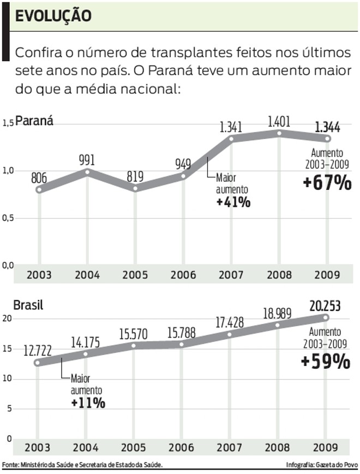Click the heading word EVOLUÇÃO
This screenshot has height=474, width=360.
point(53,16)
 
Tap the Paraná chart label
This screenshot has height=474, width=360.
point(34,121)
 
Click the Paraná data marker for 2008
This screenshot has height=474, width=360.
point(279,133)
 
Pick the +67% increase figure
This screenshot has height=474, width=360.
point(327,184)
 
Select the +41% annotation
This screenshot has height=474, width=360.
point(233,202)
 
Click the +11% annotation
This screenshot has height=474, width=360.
point(88,403)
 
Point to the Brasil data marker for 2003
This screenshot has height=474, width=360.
point(37,362)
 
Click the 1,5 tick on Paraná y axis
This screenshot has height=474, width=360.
point(7,124)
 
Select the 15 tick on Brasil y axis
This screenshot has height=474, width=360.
point(7,349)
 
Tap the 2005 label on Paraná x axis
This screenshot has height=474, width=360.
point(135,275)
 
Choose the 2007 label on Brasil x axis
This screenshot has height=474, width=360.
point(231,448)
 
